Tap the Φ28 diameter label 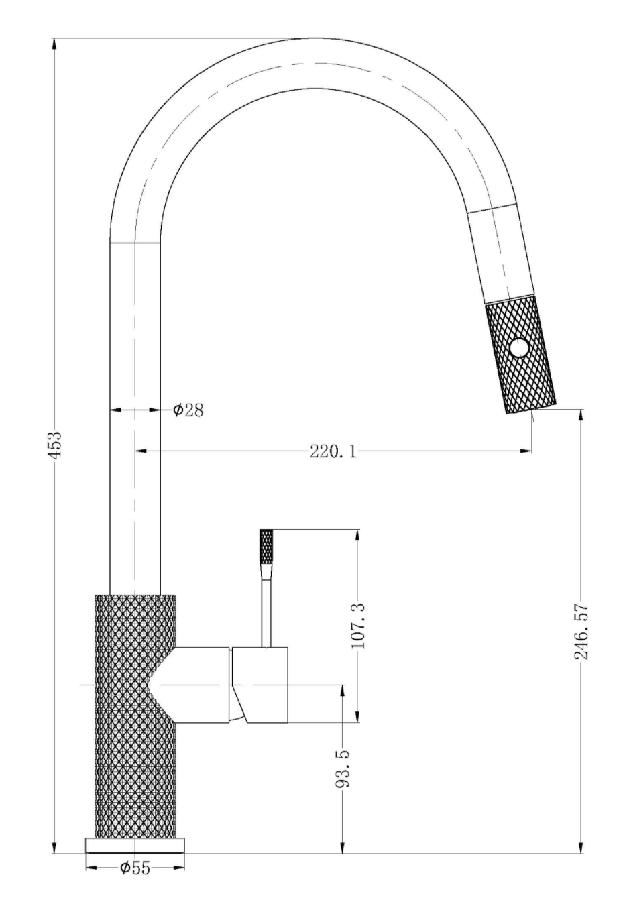coord(188,410)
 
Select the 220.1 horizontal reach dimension coord(333,451)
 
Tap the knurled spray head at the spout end coord(520,353)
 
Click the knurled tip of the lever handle coord(266,547)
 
